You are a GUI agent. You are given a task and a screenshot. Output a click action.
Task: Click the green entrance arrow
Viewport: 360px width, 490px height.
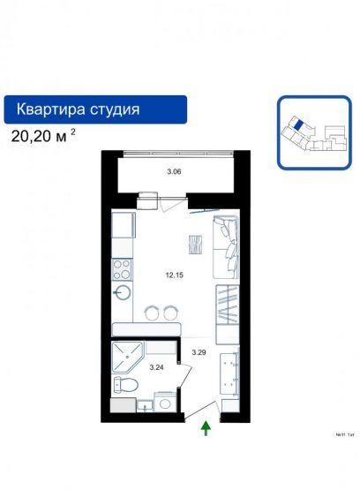tap(206, 429)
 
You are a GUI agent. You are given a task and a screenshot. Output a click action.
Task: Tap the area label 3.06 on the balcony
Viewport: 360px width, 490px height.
tap(174, 172)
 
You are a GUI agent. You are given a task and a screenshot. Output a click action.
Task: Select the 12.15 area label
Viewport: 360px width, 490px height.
tap(173, 274)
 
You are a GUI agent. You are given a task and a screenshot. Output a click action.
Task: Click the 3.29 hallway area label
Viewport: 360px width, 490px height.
tap(200, 352)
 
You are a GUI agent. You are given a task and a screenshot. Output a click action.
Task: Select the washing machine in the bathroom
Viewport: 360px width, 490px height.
tap(165, 403)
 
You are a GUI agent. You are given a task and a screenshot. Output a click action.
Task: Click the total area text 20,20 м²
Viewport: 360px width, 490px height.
tap(44, 137)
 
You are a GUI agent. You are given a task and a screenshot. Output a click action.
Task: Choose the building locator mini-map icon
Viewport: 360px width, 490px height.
tap(312, 131)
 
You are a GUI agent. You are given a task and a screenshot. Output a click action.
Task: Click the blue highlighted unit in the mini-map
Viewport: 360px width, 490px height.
tap(299, 125)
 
